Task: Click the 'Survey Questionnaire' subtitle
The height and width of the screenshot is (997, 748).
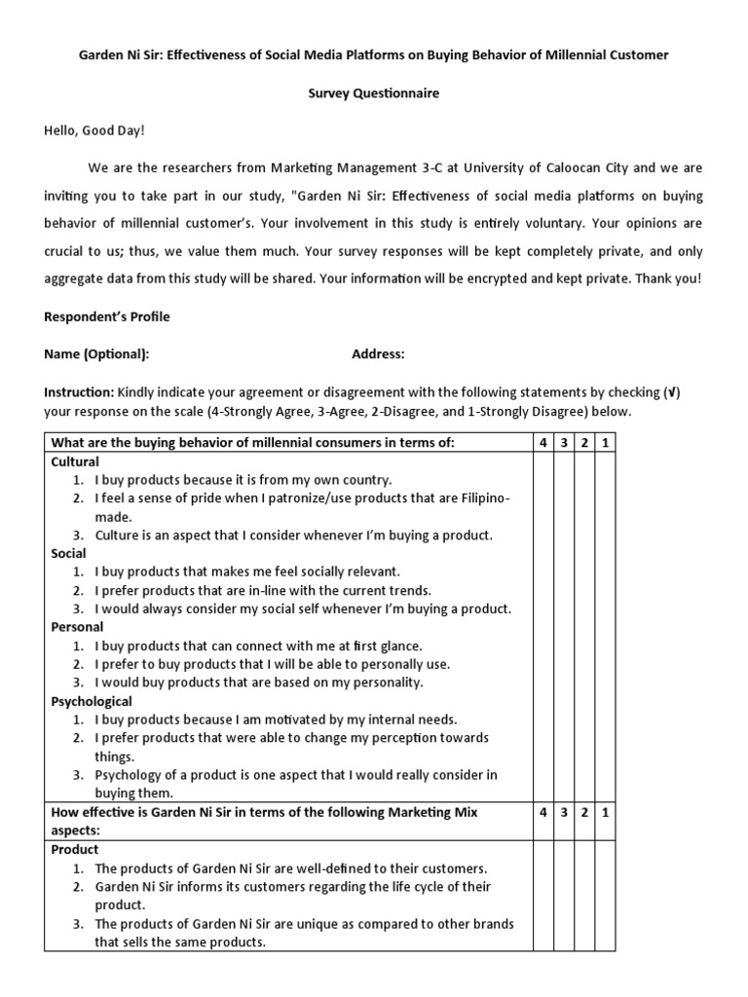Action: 374,93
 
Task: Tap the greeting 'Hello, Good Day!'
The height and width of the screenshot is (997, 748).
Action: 94,130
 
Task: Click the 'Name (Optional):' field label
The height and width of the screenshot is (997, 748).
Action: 96,354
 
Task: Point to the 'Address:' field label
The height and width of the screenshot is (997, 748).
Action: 378,354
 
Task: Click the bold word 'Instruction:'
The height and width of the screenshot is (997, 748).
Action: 79,392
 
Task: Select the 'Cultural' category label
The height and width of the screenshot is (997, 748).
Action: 75,462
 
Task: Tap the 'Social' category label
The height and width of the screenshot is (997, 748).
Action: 68,553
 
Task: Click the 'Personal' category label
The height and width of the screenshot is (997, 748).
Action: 77,627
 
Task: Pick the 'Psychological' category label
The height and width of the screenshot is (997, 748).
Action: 92,701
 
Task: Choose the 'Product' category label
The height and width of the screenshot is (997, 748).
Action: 75,849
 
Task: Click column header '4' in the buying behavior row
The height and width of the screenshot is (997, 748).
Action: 542,444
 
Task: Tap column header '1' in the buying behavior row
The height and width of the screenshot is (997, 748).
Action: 605,444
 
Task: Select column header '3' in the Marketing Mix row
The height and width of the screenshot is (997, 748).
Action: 564,812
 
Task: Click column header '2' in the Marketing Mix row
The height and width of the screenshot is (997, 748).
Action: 584,812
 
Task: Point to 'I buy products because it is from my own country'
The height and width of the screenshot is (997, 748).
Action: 243,480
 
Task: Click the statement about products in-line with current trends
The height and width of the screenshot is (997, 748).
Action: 263,590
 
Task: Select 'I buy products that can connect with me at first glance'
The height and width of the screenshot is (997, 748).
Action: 258,646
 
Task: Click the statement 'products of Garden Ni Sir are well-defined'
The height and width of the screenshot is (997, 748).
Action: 290,868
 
